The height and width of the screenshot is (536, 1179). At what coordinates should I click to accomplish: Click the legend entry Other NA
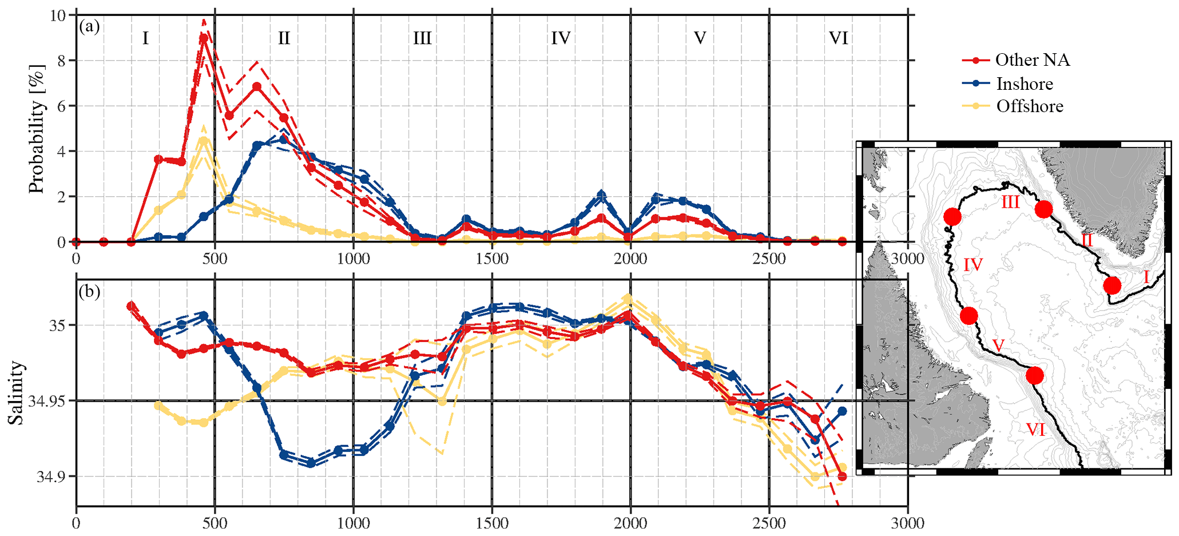click(x=1031, y=60)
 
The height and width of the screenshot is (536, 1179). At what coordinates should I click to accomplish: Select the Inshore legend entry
click(x=1024, y=84)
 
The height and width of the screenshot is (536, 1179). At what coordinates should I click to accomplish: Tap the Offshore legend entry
click(x=1029, y=106)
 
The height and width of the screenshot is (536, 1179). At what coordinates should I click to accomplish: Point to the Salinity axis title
click(x=17, y=392)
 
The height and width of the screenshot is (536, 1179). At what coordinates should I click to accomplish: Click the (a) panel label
click(x=90, y=26)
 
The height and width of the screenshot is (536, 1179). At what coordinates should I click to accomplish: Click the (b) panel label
click(x=90, y=292)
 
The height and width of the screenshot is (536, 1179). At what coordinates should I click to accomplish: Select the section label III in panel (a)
click(x=422, y=38)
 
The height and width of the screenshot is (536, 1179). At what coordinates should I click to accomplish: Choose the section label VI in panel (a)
click(x=838, y=38)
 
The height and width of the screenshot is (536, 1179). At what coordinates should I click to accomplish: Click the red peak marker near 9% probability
click(x=204, y=38)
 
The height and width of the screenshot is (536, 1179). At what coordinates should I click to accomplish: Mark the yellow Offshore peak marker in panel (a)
click(x=204, y=140)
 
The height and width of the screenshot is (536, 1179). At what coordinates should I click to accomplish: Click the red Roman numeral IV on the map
click(x=972, y=265)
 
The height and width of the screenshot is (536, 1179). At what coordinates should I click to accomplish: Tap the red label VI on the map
click(x=1035, y=429)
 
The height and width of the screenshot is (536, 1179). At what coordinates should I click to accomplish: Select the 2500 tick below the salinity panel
click(x=769, y=523)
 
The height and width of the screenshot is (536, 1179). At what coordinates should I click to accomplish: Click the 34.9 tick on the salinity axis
click(x=50, y=477)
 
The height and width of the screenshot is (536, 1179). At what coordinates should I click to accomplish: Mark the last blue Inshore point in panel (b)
click(x=842, y=411)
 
